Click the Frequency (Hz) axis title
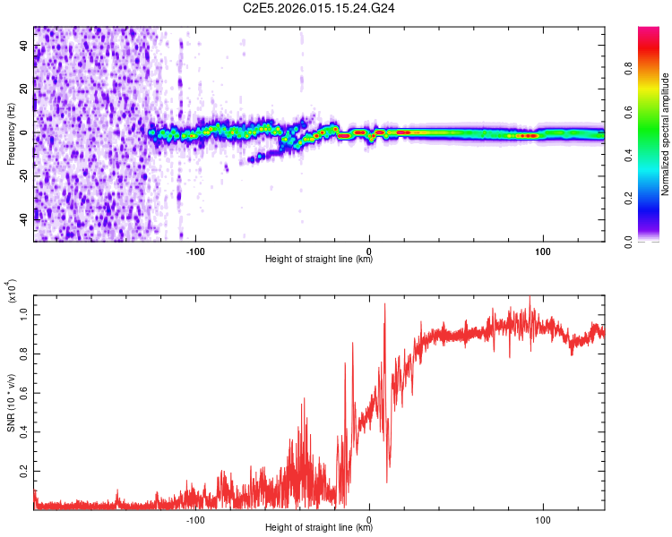[x=11, y=133]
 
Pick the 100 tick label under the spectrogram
[x=542, y=250]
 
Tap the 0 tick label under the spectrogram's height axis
[x=369, y=250]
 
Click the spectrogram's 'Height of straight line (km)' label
[x=319, y=260]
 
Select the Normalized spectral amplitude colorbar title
[x=665, y=134]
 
